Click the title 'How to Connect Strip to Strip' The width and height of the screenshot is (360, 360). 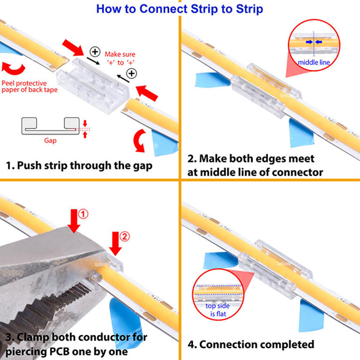(x=180, y=9)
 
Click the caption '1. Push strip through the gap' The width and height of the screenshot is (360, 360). (x=78, y=166)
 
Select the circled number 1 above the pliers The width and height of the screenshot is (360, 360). (x=83, y=214)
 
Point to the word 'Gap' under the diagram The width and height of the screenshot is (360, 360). (x=50, y=141)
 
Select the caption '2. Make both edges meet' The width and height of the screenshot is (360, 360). (x=252, y=158)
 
